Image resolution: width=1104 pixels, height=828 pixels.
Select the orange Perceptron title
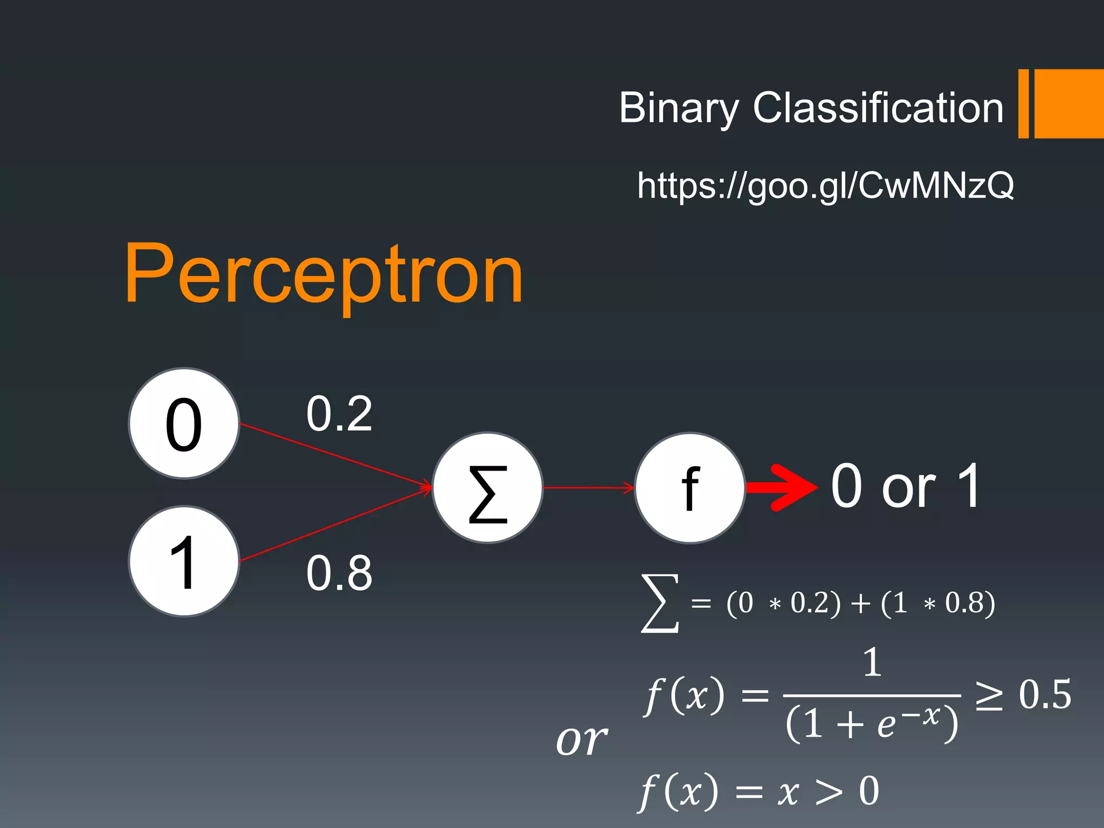[323, 275]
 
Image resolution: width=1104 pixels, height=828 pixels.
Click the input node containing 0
[184, 424]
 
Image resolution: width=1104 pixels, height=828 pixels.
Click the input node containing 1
[184, 562]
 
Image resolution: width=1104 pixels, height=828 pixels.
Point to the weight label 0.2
[339, 414]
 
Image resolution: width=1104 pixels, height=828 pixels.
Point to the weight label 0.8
[339, 572]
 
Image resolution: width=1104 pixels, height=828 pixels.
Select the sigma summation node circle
[488, 488]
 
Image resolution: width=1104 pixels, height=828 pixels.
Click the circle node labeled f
[690, 488]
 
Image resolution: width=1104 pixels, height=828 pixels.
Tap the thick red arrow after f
[782, 487]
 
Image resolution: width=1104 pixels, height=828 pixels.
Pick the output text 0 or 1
[906, 486]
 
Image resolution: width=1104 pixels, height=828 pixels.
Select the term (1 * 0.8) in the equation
[938, 603]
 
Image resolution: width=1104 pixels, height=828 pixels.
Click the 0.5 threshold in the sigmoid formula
[1045, 695]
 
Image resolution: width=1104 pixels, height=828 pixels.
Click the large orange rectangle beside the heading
[1069, 103]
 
